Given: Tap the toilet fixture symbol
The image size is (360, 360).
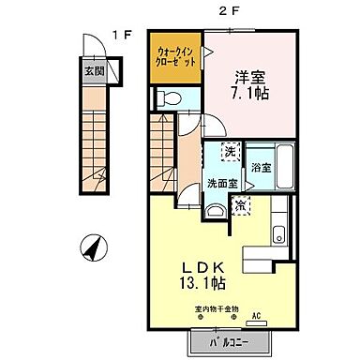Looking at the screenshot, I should [x=170, y=97].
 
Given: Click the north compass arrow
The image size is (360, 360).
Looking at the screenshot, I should [x=93, y=247].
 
